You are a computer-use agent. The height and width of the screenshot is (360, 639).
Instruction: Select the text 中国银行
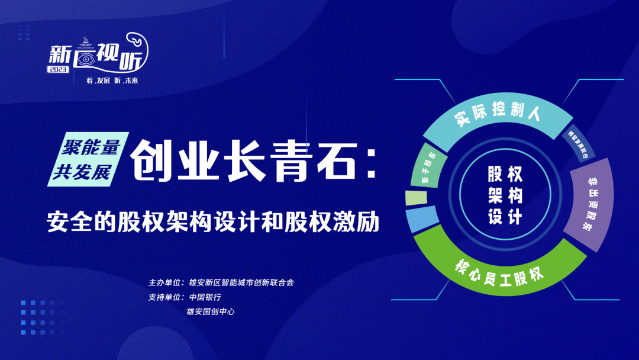click(x=205, y=297)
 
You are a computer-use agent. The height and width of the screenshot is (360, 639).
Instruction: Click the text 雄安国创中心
click(x=211, y=311)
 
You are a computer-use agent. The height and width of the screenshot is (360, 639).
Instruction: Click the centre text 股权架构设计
click(x=505, y=195)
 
